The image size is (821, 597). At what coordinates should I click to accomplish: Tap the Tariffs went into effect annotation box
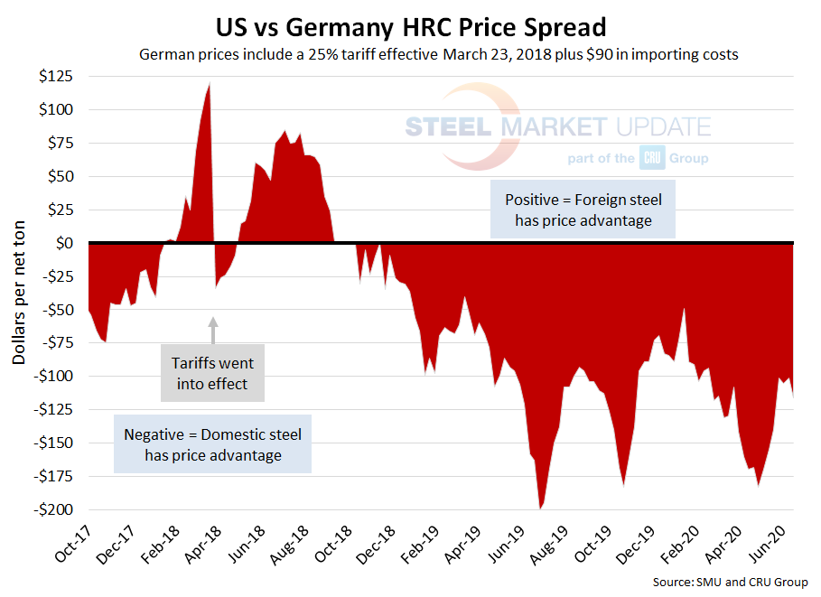[x=213, y=372]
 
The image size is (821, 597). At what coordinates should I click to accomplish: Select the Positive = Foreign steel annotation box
[x=583, y=210]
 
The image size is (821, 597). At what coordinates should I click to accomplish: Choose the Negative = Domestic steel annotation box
[x=213, y=444]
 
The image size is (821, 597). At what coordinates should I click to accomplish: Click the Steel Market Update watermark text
[x=557, y=126]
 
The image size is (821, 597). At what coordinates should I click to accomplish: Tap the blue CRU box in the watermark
[x=652, y=158]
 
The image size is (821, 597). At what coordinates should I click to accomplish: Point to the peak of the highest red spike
[x=210, y=84]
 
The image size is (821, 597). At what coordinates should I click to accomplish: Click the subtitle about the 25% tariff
[x=439, y=54]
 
